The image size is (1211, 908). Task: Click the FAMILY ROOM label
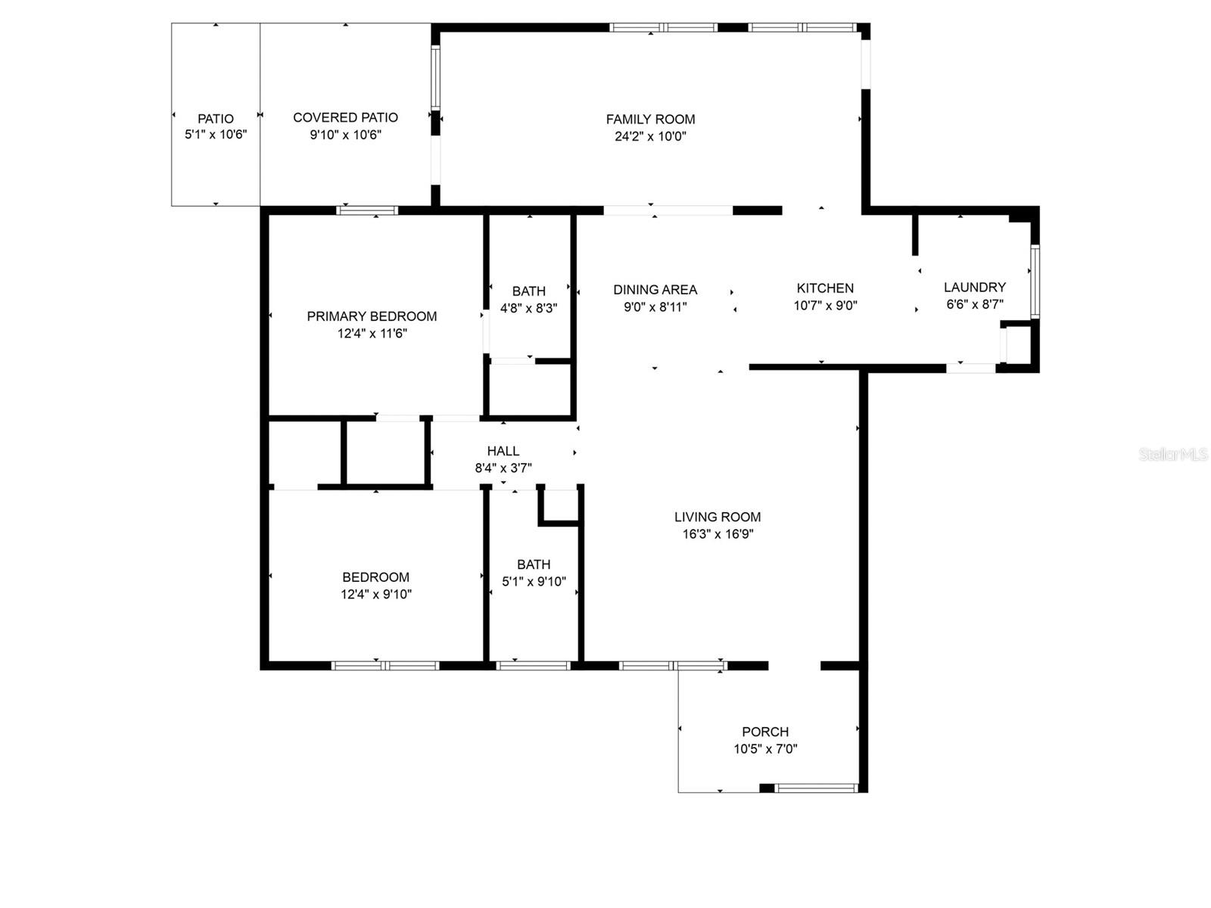coord(650,119)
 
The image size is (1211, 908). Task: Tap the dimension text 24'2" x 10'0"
coord(650,137)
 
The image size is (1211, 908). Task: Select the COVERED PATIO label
coord(345,117)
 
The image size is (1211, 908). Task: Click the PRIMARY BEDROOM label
coord(372,316)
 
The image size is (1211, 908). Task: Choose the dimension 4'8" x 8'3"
coord(528,309)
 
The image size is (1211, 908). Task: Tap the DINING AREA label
coord(655,290)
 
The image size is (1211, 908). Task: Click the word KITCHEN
coord(825,288)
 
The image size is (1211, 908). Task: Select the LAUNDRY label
coord(974,288)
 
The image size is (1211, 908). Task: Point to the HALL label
coord(503,451)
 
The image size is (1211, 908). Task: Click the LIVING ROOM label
coord(718,517)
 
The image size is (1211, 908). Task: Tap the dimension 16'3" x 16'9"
coord(718,534)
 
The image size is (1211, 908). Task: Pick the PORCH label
coord(765,732)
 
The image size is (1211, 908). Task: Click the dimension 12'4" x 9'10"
coord(375,595)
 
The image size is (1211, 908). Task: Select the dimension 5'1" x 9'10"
coord(534,582)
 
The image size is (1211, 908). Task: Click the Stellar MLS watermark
coord(1172,454)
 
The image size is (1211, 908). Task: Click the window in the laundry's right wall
coord(1035,281)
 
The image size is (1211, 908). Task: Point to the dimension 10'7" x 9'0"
coord(825,306)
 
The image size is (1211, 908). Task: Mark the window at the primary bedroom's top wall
coord(367,210)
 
